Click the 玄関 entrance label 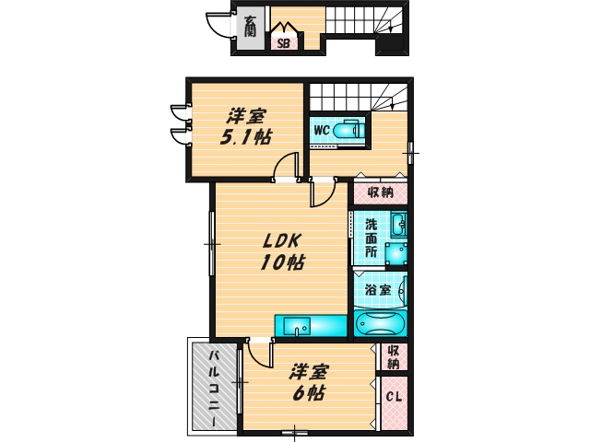coord(251,25)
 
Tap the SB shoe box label coord(282,41)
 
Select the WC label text coord(322,130)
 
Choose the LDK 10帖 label coord(283,250)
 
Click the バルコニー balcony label coord(213,387)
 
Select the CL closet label coord(394,398)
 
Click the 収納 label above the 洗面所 coord(381,192)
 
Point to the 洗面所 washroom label coord(371,238)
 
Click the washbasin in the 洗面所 coord(398,225)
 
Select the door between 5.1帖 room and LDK coord(289,169)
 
